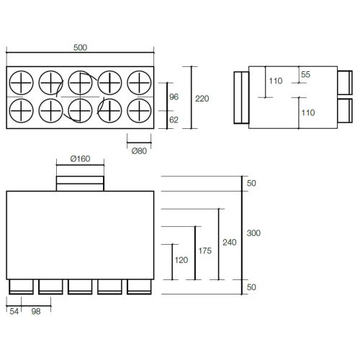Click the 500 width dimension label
tap(80, 48)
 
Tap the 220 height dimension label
tap(202, 99)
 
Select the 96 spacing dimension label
tap(174, 96)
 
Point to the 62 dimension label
tap(174, 120)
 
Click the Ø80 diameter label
tap(139, 151)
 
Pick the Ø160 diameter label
tap(80, 158)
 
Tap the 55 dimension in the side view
tap(305, 74)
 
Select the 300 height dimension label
tap(253, 233)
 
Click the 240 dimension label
tap(230, 243)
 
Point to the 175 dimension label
tap(205, 251)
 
